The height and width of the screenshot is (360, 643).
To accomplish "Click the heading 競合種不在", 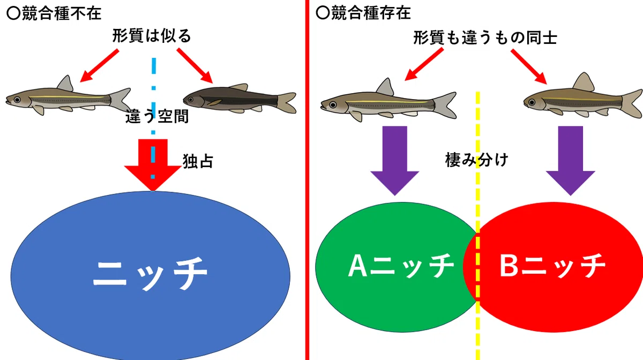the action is coord(62,13).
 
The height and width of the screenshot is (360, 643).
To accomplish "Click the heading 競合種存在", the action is coord(371,13).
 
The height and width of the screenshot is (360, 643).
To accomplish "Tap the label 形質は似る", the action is coord(152,36).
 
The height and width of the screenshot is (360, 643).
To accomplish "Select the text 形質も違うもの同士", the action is coord(485,37).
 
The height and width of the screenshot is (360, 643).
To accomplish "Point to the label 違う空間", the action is coord(157,116).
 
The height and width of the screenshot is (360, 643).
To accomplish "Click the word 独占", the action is coord(198,161).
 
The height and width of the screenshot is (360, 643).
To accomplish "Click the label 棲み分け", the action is coord(477,160).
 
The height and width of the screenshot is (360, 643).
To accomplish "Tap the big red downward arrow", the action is coord(153,165).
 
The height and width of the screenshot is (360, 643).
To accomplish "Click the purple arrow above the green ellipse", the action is coord(395,161).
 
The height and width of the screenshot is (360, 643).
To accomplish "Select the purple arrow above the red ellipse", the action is coord(570,161).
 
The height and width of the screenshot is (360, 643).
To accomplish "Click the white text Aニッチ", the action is coord(401,266).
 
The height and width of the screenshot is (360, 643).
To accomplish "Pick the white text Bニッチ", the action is coord(552,266).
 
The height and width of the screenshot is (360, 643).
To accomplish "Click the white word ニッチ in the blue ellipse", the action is coord(150,274).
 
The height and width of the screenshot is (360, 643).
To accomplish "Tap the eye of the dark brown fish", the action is coord(191,100).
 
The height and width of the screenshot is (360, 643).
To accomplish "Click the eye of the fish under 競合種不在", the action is coord(17,100).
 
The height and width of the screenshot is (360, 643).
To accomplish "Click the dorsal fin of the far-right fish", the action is coord(584,82).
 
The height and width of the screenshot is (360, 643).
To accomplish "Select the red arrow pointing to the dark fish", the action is coord(195,66).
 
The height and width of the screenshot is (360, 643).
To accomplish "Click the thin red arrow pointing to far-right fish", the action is coord(529,66).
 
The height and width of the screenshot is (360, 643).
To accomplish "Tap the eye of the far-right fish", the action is coord(532,102).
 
